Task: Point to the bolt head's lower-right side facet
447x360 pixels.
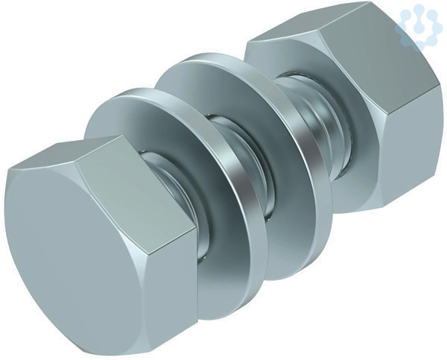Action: (x=171, y=288)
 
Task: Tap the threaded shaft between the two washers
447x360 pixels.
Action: (x=242, y=160)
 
